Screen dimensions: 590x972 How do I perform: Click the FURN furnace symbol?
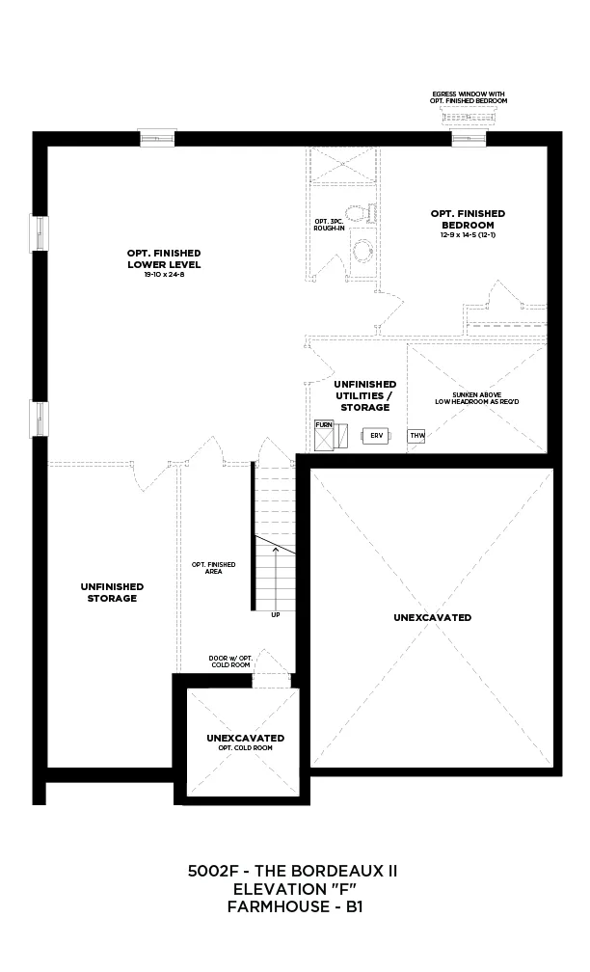coord(324,436)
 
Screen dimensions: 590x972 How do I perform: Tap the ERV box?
coord(377,436)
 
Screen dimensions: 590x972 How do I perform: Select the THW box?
coord(417,436)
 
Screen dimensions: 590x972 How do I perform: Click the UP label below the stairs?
coord(275,615)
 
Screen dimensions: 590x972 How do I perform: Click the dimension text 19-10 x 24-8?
coord(164,274)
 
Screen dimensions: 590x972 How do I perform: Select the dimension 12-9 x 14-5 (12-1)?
coord(469,235)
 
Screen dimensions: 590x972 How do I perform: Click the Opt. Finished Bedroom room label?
coord(469,219)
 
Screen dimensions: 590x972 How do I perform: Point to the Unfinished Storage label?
coord(112,592)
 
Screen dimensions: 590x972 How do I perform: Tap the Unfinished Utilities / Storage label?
coord(365,395)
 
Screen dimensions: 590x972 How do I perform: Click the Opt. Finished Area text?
coord(214,568)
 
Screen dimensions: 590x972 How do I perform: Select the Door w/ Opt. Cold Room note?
coord(230,661)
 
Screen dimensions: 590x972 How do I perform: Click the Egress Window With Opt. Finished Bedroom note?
coord(469,97)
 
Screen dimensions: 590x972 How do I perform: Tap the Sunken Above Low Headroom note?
coord(477,398)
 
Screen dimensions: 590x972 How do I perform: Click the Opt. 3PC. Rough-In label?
coord(329,225)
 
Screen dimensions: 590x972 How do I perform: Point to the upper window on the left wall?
coord(39,233)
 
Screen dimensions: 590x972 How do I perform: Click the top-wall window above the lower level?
coord(157,138)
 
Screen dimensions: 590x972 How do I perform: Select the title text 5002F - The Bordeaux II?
coord(292,871)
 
